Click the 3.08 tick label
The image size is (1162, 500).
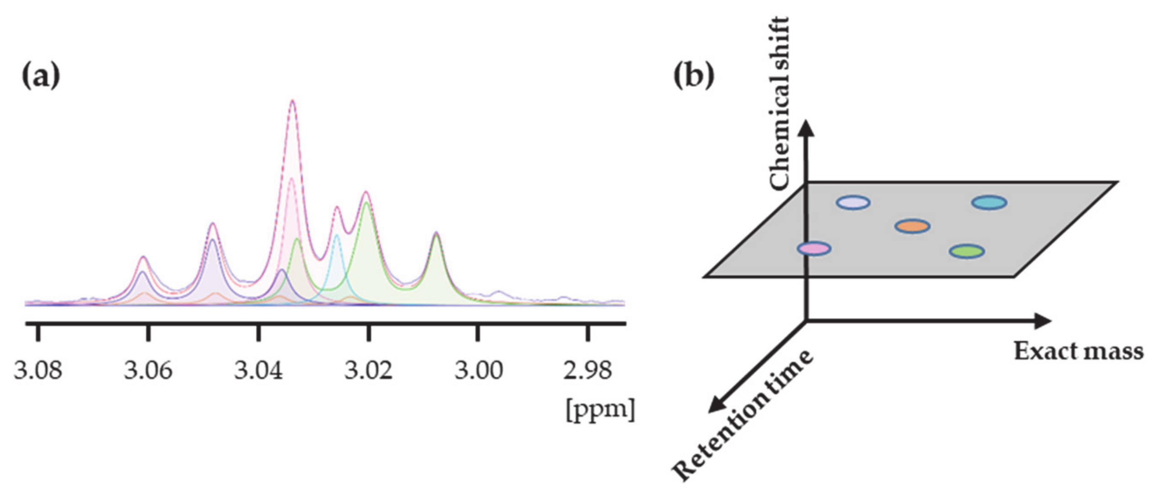[x=38, y=370]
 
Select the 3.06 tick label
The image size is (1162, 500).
[x=148, y=370]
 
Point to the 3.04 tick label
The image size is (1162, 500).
[x=259, y=370]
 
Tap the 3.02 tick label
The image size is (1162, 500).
[x=369, y=370]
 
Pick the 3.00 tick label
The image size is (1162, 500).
[x=479, y=370]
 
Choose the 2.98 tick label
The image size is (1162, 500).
[x=588, y=370]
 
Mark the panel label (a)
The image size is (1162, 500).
[x=41, y=76]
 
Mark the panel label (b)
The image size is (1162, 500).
[x=694, y=76]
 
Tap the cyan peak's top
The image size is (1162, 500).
[x=337, y=236]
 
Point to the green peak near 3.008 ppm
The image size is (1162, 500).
[x=437, y=234]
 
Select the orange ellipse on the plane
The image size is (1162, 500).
[x=912, y=226]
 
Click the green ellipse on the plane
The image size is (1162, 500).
[x=967, y=251]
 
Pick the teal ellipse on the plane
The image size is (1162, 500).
[x=989, y=202]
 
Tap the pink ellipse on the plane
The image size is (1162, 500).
[x=814, y=248]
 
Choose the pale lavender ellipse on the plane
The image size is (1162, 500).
[x=853, y=202]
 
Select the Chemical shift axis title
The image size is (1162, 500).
[x=779, y=103]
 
